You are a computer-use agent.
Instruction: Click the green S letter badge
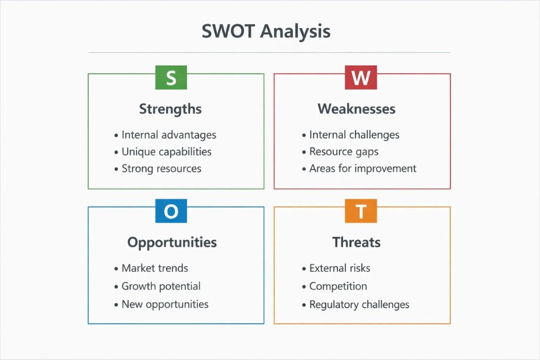coord(171,78)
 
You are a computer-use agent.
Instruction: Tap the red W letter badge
coord(361,78)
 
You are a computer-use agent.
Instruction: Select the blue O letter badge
coord(171,211)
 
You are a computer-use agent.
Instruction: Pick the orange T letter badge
coord(361,211)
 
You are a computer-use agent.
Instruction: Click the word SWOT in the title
coord(228,31)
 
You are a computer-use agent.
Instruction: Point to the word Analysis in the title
coord(295,32)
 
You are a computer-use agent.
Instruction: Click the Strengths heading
coord(170,109)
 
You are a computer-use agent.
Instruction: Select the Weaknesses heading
coord(357,109)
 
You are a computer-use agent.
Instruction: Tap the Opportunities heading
coord(172,243)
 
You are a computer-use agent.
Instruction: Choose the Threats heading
coord(357,242)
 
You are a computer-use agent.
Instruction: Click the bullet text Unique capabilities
coord(166,152)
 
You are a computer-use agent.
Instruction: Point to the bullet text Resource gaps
coord(344,152)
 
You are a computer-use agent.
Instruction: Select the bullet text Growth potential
coord(161,286)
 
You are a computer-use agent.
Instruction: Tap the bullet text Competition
coord(338,286)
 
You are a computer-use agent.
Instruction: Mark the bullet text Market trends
coord(155,268)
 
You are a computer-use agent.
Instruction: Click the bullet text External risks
coord(340,268)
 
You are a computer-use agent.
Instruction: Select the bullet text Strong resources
coord(161,169)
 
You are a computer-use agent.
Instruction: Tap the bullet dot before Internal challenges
coord(304,136)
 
